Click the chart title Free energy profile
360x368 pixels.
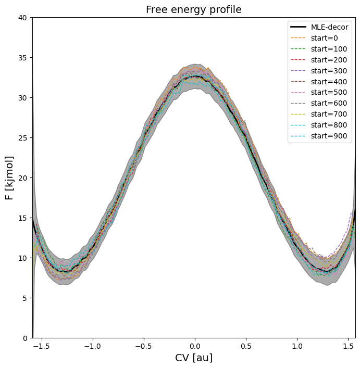point(193,10)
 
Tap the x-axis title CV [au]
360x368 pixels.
point(193,358)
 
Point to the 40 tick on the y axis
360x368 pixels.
point(23,18)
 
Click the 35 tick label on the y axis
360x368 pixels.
point(23,58)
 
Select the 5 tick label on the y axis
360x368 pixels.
point(25,298)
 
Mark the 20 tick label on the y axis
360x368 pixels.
point(23,178)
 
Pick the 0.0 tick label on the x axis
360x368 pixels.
point(194,346)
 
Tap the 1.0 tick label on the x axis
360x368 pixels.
point(297,346)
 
